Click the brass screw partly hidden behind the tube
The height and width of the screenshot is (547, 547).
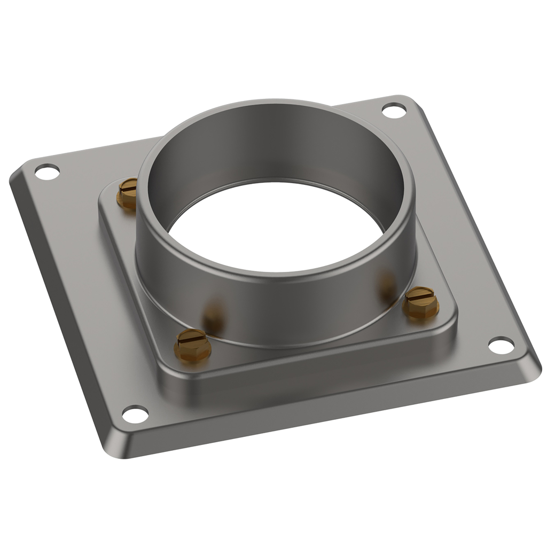127,194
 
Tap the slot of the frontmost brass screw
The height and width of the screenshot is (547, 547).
191,337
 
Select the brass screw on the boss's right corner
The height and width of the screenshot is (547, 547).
420,302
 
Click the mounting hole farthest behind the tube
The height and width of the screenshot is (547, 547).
394,111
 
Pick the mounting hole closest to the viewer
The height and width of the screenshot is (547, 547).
135,414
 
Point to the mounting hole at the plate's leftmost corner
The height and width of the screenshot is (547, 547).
47,172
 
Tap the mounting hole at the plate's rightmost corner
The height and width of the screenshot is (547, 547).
501,345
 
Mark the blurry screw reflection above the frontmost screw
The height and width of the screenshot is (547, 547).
214,316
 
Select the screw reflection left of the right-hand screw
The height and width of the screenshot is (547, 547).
387,285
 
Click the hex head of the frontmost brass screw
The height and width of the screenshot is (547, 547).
192,350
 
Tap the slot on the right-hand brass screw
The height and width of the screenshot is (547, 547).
420,293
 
